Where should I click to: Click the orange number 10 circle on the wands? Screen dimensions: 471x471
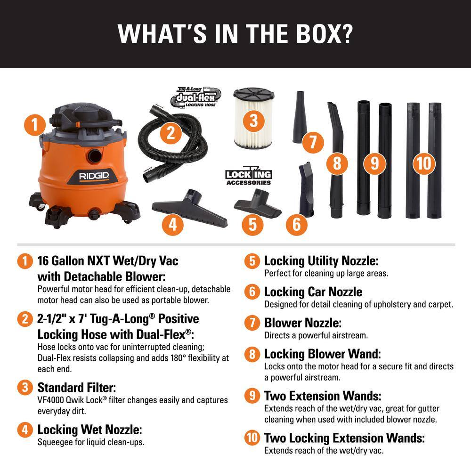(424, 163)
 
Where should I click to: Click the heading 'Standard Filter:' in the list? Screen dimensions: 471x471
(77, 388)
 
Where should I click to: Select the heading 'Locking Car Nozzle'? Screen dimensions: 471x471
(313, 292)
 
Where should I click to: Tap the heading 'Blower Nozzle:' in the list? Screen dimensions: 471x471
(303, 323)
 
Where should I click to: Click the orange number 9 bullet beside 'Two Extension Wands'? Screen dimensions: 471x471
(252, 396)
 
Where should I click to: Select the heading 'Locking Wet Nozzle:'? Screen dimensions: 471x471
(89, 430)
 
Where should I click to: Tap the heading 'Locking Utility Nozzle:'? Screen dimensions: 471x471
(321, 260)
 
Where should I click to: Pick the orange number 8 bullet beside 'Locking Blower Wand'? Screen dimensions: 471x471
(252, 354)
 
